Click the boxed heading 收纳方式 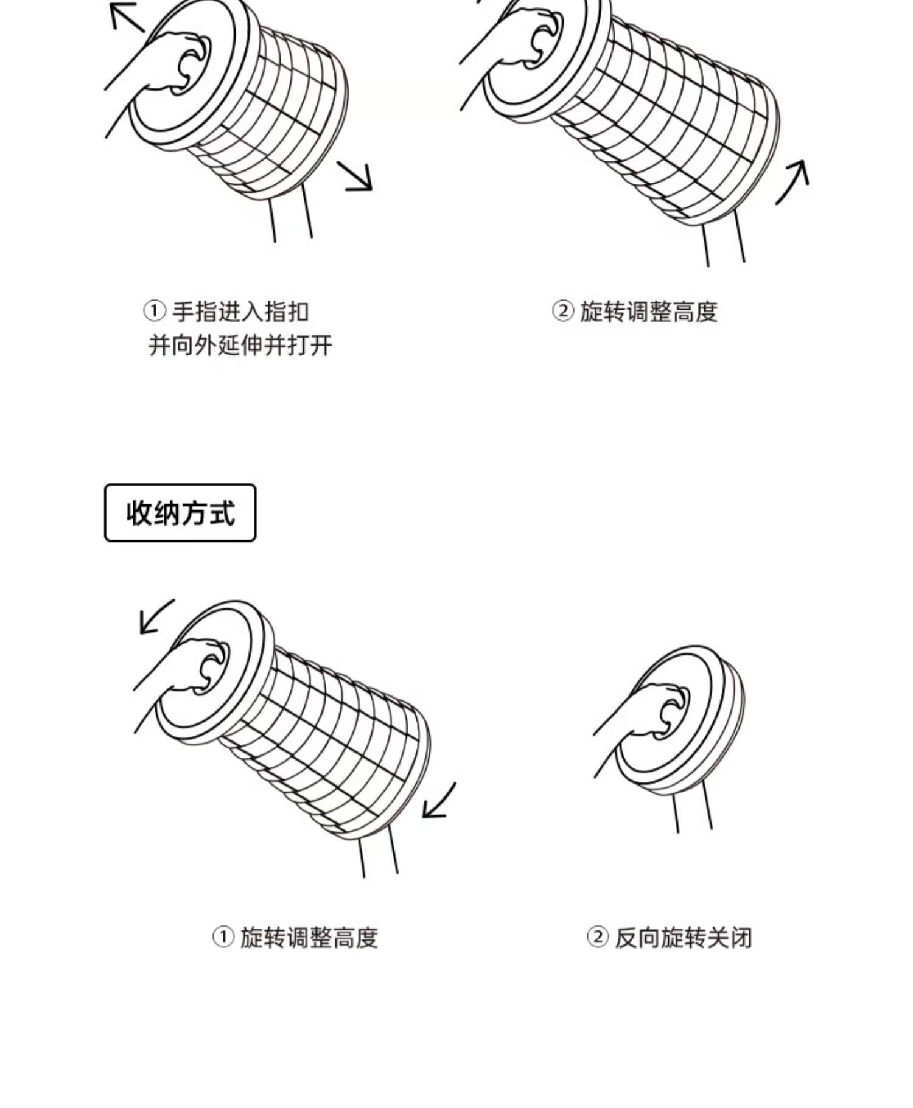[180, 513]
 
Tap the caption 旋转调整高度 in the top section [648, 312]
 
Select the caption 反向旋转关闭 [683, 938]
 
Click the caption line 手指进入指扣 [240, 312]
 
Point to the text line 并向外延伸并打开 [240, 346]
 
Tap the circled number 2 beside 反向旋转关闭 [597, 937]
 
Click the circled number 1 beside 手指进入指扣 [154, 311]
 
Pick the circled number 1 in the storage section [223, 937]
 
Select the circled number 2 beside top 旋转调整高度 [562, 311]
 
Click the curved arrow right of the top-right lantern [794, 181]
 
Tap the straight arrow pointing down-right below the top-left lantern [355, 176]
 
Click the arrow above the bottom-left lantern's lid [156, 616]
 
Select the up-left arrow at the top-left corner [126, 16]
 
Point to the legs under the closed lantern [693, 806]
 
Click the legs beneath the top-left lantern [291, 213]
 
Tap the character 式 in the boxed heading [221, 513]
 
